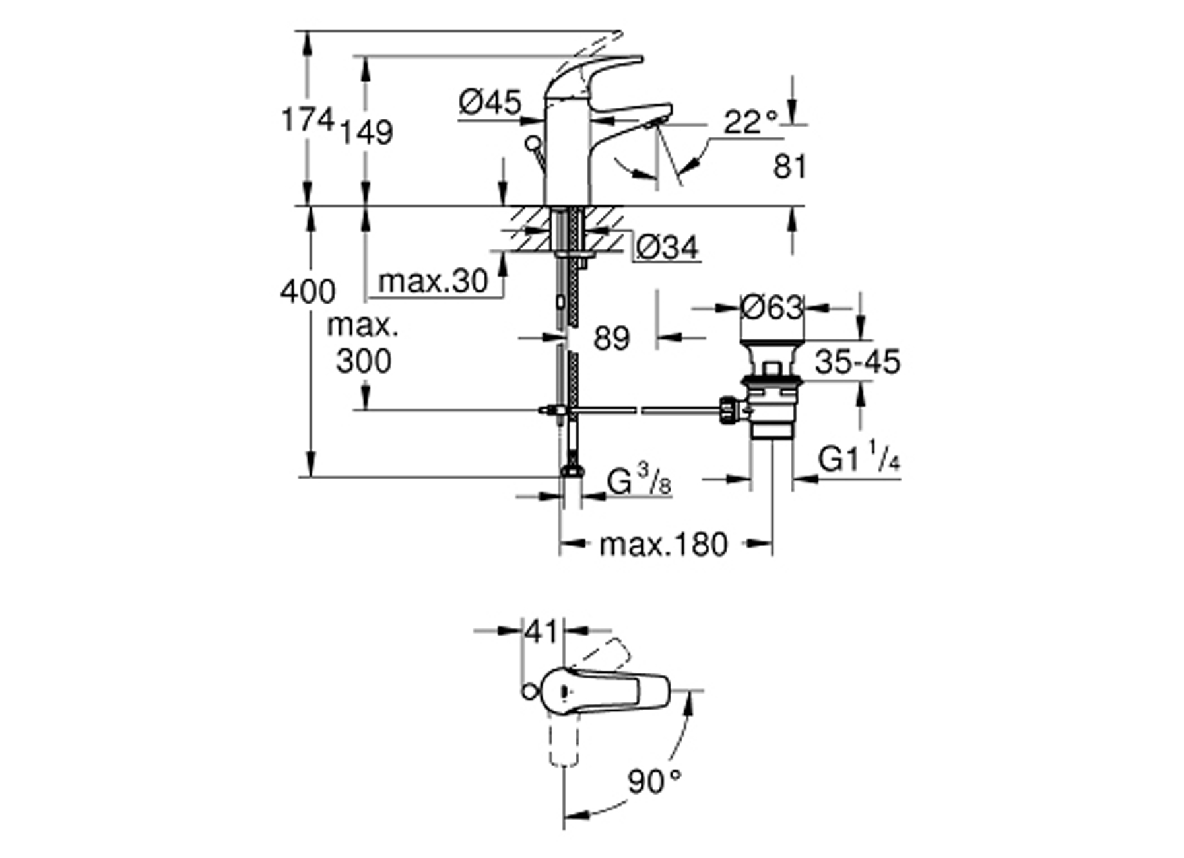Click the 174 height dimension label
click(x=307, y=121)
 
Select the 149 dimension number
click(x=366, y=132)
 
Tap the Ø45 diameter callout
click(x=490, y=102)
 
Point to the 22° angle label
click(x=750, y=122)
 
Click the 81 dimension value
click(x=789, y=166)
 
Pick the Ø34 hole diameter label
click(x=667, y=248)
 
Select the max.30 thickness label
click(x=433, y=282)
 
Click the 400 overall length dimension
click(x=307, y=291)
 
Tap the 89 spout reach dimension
click(x=611, y=339)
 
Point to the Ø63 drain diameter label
click(x=772, y=307)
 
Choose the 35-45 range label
click(x=857, y=362)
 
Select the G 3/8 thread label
click(x=638, y=482)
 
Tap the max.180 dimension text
click(x=663, y=545)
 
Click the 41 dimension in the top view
click(x=542, y=632)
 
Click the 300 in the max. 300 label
click(x=363, y=361)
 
